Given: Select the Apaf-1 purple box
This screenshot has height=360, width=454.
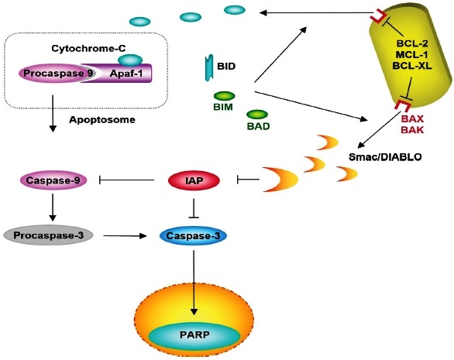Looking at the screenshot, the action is click(x=122, y=74).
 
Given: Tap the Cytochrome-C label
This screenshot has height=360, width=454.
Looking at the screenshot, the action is click(x=88, y=48).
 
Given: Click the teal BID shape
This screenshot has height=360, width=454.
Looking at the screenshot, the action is click(x=209, y=67).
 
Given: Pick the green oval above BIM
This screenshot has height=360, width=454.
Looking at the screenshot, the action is click(x=225, y=96).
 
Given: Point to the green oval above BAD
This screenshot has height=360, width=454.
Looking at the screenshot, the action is click(x=257, y=115).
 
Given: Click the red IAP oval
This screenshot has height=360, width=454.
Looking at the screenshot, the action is click(x=194, y=180).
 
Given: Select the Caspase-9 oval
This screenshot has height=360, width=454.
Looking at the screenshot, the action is click(x=54, y=180).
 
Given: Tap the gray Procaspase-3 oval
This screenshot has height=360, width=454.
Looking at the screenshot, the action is click(x=48, y=235).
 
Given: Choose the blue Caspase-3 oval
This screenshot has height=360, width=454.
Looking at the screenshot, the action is click(x=194, y=236).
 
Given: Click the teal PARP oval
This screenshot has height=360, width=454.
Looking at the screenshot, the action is click(x=194, y=335).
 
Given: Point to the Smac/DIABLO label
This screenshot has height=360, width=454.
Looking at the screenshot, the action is click(x=385, y=157).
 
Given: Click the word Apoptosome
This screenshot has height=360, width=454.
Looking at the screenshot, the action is click(x=102, y=120).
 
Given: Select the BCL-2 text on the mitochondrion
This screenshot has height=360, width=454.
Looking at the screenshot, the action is click(x=412, y=43).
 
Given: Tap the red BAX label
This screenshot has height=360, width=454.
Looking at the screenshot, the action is click(x=412, y=119).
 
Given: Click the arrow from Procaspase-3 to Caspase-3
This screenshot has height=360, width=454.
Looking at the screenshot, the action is click(x=125, y=236).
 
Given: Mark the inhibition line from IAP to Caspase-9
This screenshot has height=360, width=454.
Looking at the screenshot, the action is click(x=126, y=180).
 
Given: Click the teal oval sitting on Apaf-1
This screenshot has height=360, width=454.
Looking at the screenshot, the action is click(x=130, y=60).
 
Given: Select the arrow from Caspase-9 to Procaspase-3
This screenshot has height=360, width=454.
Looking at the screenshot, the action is click(x=53, y=207).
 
